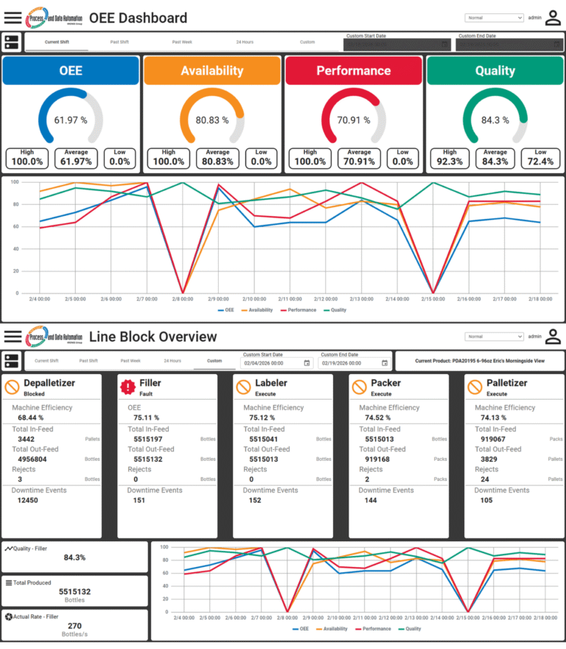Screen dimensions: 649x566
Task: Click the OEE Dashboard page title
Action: [138, 18]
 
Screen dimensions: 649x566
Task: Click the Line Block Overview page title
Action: [153, 337]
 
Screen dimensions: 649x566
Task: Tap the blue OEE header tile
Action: [71, 71]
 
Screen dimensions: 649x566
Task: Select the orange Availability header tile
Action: [212, 71]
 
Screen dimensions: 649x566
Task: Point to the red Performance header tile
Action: [354, 71]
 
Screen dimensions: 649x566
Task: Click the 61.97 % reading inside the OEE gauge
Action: [71, 119]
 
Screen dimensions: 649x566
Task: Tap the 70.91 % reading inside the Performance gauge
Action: [354, 119]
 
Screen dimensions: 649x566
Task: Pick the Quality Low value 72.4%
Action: [541, 162]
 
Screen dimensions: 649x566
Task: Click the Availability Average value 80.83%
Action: [218, 162]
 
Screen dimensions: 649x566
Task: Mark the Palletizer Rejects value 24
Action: [484, 479]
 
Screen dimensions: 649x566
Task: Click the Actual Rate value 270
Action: [74, 625]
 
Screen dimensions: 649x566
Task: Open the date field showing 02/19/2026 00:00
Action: [349, 363]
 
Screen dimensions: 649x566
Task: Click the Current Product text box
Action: [479, 361]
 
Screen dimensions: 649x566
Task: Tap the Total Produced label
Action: [32, 583]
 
